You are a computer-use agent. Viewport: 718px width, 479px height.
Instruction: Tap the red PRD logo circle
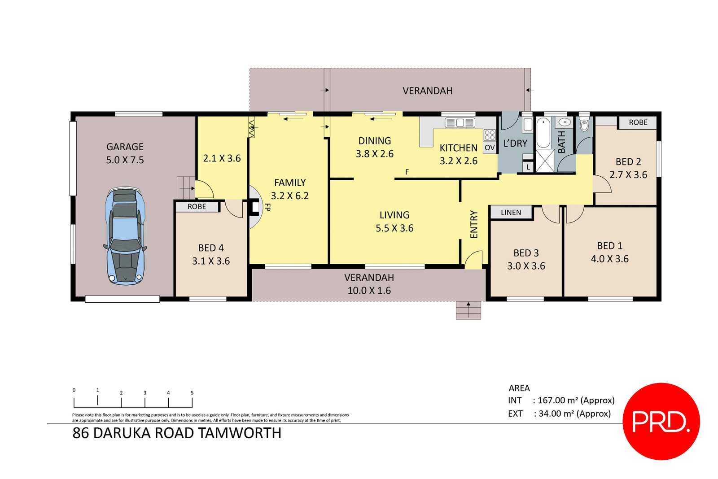coord(661,421)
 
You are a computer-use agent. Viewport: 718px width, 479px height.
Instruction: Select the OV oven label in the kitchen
coord(490,148)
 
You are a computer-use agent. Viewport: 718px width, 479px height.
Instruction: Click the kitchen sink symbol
coord(460,122)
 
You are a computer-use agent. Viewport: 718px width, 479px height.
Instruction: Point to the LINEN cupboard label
coord(511,213)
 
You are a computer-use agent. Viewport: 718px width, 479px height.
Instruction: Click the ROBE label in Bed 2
coord(638,122)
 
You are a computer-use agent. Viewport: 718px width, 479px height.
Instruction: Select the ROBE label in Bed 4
coord(197,207)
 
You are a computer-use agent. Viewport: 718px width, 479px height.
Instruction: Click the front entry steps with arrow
coord(468,310)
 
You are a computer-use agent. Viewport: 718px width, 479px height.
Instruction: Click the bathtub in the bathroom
coord(543,132)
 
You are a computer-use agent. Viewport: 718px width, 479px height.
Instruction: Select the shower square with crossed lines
coord(545,161)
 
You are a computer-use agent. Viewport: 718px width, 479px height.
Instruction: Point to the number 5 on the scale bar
coord(192,393)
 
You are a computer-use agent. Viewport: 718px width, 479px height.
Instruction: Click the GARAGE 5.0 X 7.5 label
coord(125,153)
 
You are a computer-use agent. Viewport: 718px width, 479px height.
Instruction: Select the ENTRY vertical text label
coord(473,224)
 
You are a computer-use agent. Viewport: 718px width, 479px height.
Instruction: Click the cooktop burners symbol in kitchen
coord(490,135)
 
